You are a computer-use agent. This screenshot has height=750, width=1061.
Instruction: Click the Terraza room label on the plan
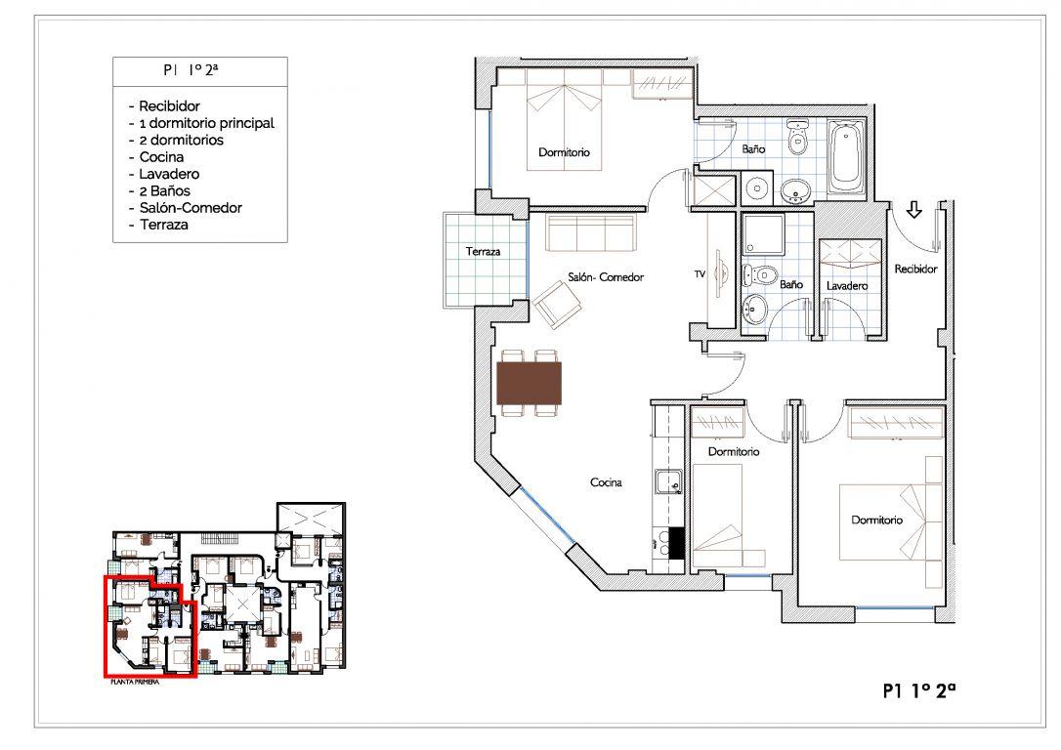(x=484, y=252)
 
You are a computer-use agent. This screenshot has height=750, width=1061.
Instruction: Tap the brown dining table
(x=530, y=383)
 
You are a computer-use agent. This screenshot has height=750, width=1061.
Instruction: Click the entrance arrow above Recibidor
(x=914, y=210)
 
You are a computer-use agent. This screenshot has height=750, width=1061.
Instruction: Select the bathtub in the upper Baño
(x=846, y=158)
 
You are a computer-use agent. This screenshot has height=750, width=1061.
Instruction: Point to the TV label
(x=700, y=273)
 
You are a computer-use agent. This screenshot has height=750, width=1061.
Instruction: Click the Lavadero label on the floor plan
(x=847, y=286)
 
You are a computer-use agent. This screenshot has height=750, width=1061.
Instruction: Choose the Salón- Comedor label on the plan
(x=606, y=277)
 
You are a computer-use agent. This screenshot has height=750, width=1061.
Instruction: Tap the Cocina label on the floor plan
(x=607, y=482)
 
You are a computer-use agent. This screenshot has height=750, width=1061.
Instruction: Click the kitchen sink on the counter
(x=670, y=482)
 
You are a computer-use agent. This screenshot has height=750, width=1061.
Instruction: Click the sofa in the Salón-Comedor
(x=591, y=233)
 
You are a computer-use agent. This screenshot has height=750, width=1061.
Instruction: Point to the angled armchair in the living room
(x=558, y=305)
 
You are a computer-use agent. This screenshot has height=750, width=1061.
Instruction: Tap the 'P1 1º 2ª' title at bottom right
(x=919, y=690)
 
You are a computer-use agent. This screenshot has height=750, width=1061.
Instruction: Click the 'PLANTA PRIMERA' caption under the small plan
(x=135, y=683)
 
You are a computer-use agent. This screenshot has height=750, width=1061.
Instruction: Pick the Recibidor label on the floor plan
(x=915, y=270)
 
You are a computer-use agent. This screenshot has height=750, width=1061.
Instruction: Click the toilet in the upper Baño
(x=799, y=136)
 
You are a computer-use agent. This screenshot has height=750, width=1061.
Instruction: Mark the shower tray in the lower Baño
(x=763, y=234)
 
